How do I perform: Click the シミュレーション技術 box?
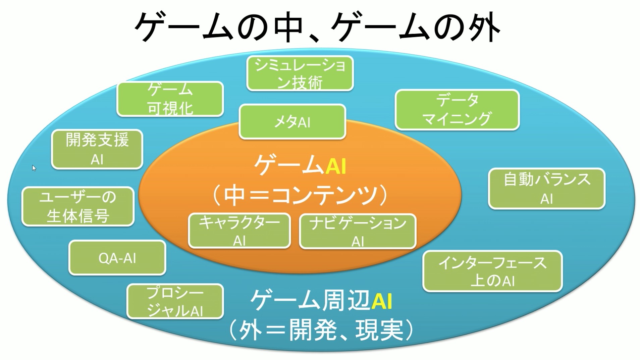[300, 73]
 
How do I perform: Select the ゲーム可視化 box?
[170, 99]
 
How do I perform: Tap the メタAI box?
[292, 122]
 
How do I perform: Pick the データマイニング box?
[457, 110]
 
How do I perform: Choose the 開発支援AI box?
[97, 149]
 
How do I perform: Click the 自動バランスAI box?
[546, 189]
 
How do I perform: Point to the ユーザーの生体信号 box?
[78, 206]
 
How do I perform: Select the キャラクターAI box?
[239, 231]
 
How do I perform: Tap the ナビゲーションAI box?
[358, 232]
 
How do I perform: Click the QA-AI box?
[117, 258]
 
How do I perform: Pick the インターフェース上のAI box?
[492, 271]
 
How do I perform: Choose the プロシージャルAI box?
[175, 302]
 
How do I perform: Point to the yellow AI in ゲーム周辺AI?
[382, 301]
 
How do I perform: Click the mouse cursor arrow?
[34, 168]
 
